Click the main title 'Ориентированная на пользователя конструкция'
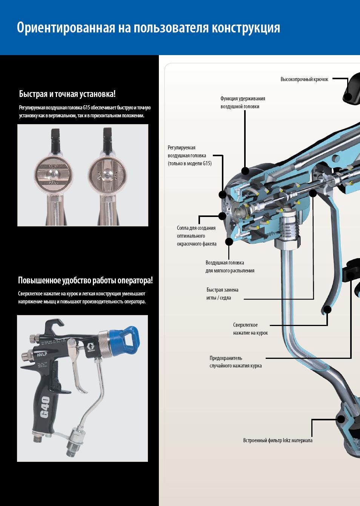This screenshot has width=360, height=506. [148, 28]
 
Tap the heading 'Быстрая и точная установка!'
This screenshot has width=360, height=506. [67, 94]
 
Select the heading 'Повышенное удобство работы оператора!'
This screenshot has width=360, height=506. [85, 280]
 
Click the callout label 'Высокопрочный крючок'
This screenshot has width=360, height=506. [304, 79]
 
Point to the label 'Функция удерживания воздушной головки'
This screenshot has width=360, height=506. [243, 102]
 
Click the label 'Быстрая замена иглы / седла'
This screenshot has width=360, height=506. [222, 294]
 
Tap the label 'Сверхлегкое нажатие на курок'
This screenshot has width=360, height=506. [250, 329]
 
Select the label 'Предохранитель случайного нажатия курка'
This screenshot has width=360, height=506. [235, 362]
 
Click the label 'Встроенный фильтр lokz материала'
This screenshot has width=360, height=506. [277, 440]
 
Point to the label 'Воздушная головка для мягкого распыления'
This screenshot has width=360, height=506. [230, 266]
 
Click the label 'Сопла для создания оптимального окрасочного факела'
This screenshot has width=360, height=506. [196, 236]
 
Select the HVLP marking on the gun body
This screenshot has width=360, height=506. [42, 355]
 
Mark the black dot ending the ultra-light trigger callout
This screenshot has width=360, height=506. [328, 310]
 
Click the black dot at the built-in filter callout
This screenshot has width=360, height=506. [341, 419]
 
